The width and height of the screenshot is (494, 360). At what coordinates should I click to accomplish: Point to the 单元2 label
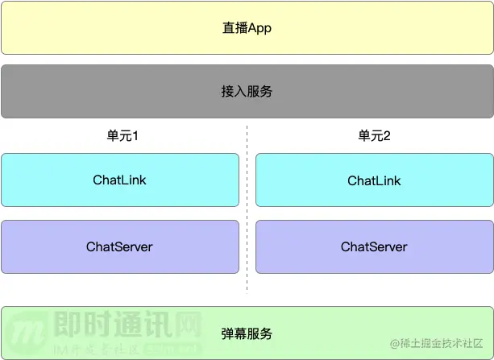pos(374,136)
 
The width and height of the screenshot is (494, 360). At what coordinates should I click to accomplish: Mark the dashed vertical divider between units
pos(247,209)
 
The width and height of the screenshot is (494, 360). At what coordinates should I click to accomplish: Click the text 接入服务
pos(247,91)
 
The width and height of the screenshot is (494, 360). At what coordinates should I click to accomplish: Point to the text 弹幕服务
pos(247,333)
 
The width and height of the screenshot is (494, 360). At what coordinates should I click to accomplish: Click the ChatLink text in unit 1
pos(119,180)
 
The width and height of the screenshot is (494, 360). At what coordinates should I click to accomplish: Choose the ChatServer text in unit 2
pos(374,246)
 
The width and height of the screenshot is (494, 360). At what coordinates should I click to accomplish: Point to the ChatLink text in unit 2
pos(374,180)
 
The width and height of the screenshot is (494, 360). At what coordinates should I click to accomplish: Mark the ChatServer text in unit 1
pos(119,246)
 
